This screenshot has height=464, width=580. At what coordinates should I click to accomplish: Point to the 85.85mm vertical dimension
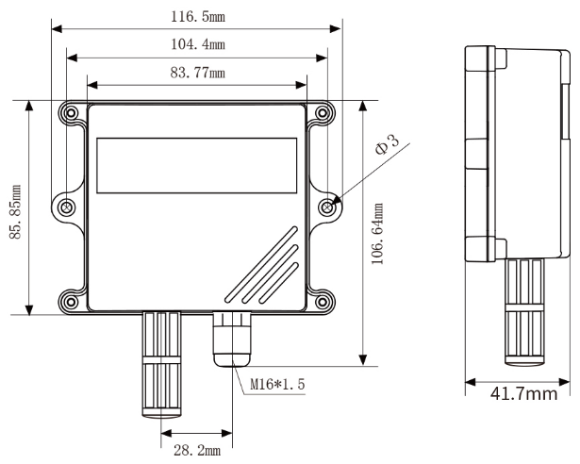(x=17, y=209)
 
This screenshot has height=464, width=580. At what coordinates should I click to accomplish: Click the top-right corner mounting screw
(x=323, y=112)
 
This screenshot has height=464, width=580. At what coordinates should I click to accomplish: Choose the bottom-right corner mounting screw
(x=323, y=303)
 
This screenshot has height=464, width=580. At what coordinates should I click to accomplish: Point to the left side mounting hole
(x=67, y=207)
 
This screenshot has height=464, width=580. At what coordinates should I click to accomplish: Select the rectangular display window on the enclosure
(x=195, y=152)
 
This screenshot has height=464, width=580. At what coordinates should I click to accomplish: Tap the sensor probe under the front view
(x=162, y=363)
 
